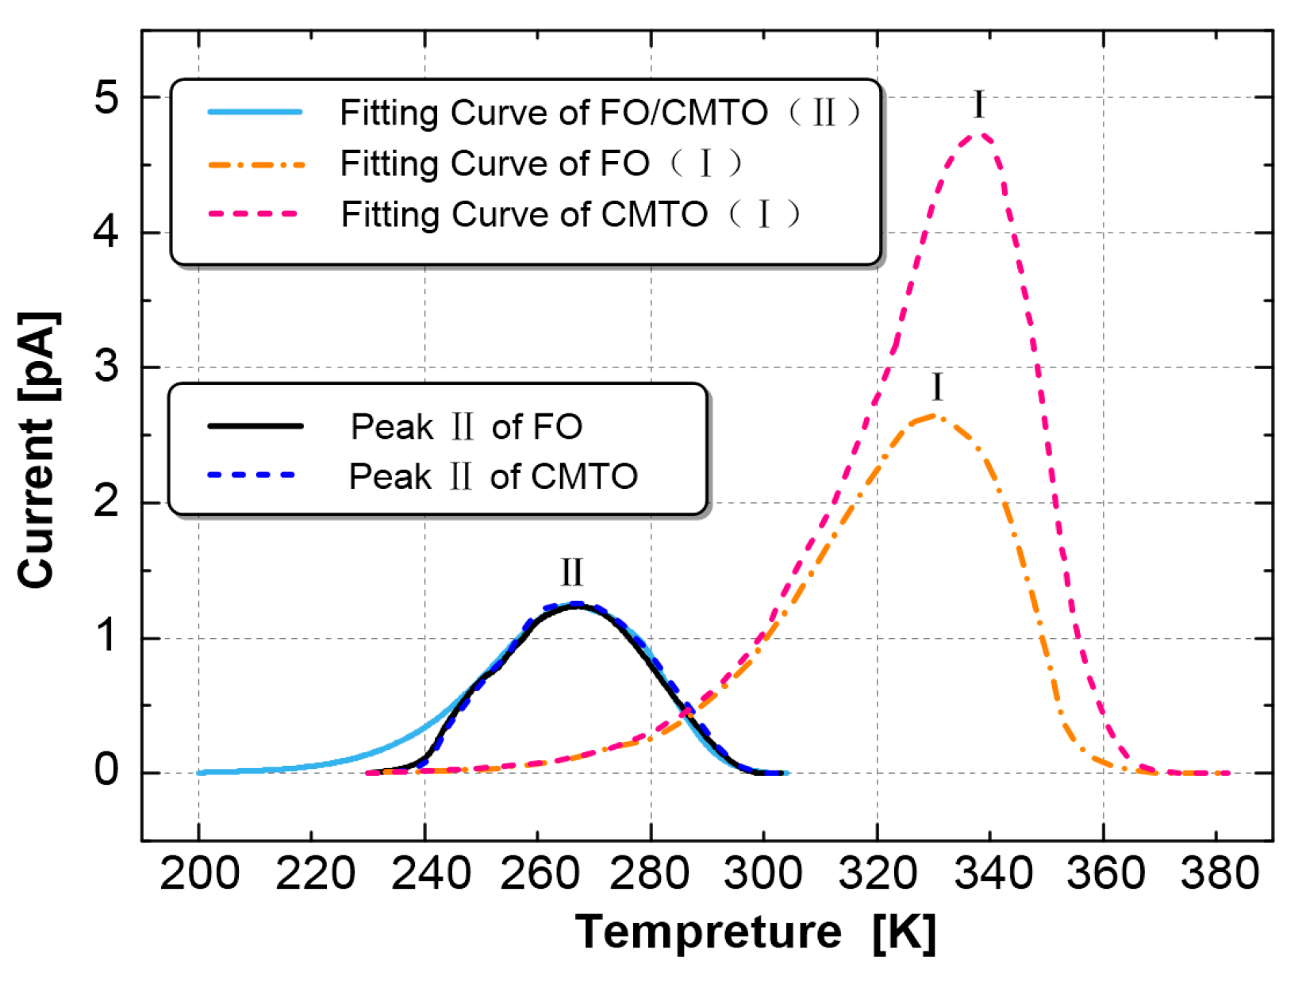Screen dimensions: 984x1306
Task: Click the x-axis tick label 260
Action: (x=539, y=874)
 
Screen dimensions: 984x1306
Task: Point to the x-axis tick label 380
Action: (x=1219, y=874)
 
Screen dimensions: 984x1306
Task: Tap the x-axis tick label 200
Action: (x=199, y=874)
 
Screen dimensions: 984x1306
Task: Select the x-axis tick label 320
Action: (x=878, y=874)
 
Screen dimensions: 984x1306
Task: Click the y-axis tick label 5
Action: (x=106, y=98)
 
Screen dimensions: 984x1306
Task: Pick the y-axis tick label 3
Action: (x=106, y=367)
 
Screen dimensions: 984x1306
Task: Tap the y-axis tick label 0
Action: (x=106, y=771)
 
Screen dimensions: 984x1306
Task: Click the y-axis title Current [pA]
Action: (x=37, y=450)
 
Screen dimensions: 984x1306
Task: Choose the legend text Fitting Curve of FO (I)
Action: (x=540, y=163)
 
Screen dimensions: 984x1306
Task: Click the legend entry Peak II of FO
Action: (x=466, y=427)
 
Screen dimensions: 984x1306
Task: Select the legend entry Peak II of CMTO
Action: (x=493, y=476)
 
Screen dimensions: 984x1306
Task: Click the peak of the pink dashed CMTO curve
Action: (x=981, y=134)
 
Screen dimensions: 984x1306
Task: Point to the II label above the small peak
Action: (x=571, y=572)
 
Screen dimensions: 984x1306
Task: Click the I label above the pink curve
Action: (x=978, y=105)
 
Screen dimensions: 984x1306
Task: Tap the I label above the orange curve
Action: (x=937, y=387)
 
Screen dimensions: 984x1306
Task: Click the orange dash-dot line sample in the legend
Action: (x=255, y=164)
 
